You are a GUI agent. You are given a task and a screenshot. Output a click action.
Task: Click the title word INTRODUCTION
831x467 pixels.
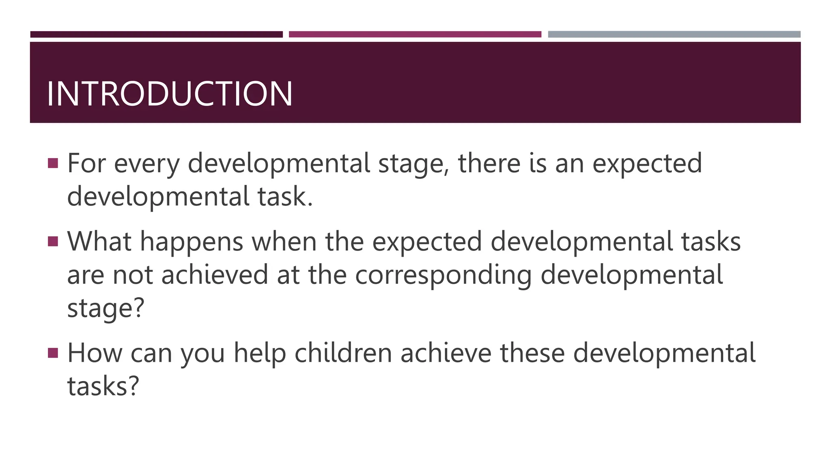click(x=169, y=94)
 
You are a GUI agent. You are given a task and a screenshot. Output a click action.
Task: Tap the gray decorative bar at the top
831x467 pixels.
click(x=674, y=34)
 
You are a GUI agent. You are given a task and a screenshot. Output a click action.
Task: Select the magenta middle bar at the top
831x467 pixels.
click(x=415, y=34)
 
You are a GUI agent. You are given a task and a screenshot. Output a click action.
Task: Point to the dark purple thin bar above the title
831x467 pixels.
click(x=156, y=34)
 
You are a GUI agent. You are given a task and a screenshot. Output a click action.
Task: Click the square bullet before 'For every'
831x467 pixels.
click(x=53, y=163)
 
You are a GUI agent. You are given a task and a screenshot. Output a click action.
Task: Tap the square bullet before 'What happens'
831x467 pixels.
click(x=53, y=241)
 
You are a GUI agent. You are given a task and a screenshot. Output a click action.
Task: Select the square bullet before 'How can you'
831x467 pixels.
click(x=53, y=353)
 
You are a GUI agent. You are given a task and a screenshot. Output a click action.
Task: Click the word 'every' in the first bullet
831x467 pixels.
click(x=146, y=164)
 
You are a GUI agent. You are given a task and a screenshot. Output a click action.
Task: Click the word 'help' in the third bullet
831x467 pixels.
click(x=260, y=353)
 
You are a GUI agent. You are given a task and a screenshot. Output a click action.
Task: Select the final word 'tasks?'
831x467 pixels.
click(x=103, y=386)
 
